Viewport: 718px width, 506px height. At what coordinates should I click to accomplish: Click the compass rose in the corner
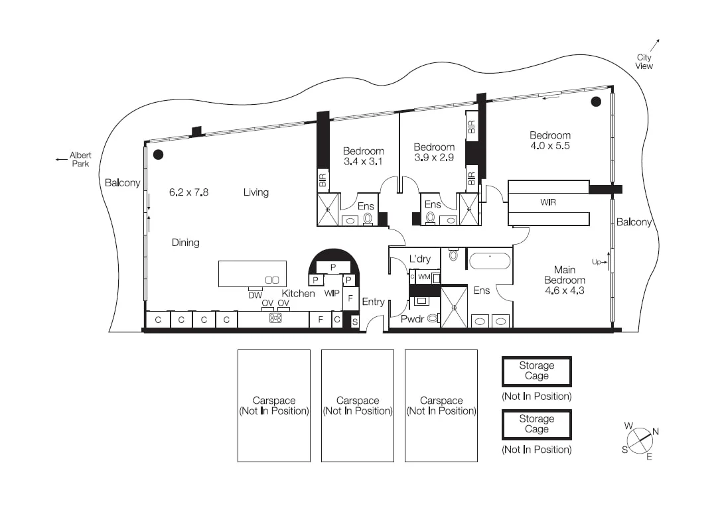click(638, 440)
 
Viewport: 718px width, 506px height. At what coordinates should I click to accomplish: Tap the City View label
click(644, 62)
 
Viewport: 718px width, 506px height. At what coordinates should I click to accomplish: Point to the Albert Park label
click(80, 159)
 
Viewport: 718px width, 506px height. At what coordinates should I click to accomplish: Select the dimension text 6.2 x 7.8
click(188, 192)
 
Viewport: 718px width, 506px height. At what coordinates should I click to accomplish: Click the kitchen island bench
click(252, 274)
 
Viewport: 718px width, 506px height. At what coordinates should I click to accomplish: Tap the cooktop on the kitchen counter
click(275, 318)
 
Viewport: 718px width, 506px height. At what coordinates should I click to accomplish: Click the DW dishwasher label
click(255, 295)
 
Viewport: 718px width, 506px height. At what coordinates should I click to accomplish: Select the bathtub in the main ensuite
click(490, 259)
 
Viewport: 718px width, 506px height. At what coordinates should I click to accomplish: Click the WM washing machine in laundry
click(424, 277)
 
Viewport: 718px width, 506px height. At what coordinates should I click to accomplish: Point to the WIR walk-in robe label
click(548, 202)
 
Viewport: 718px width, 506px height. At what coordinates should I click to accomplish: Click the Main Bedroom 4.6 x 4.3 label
click(564, 280)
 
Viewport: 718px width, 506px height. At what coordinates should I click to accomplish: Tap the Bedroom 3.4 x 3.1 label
click(363, 156)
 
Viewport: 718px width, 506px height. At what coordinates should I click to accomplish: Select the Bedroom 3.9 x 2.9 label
click(434, 152)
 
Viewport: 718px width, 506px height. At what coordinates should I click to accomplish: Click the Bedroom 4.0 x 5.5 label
click(549, 140)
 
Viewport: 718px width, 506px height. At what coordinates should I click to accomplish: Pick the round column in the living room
click(158, 155)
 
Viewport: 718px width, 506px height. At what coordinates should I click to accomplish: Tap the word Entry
click(373, 302)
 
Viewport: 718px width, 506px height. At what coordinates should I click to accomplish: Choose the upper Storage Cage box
click(536, 371)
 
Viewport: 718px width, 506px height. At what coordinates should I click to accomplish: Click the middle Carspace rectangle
click(357, 405)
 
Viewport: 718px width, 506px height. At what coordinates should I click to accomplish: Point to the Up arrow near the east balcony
click(599, 262)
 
